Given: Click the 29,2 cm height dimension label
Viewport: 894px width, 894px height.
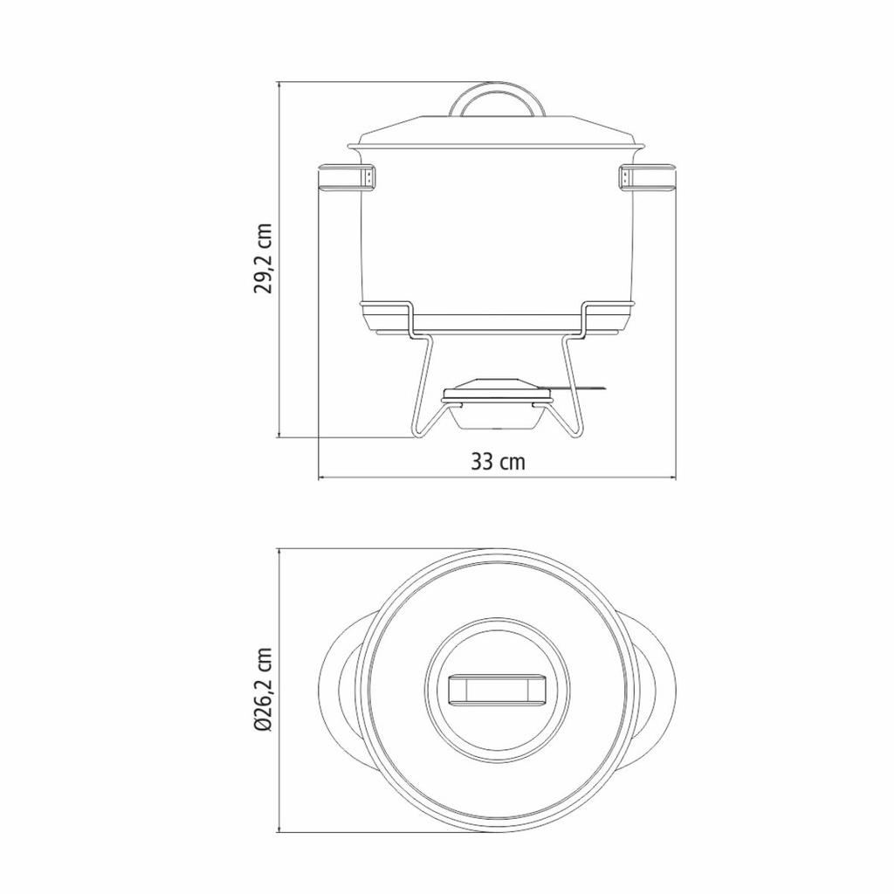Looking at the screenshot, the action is (x=263, y=258).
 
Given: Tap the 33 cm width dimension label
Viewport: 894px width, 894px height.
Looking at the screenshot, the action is (x=498, y=461).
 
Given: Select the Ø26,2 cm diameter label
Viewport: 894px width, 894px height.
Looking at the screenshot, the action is (x=264, y=691).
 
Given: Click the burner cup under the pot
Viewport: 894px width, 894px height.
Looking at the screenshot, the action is (x=496, y=416).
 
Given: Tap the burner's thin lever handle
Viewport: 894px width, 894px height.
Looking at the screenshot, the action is (x=577, y=389).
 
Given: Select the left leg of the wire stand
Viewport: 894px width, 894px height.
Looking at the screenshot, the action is (x=422, y=394).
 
